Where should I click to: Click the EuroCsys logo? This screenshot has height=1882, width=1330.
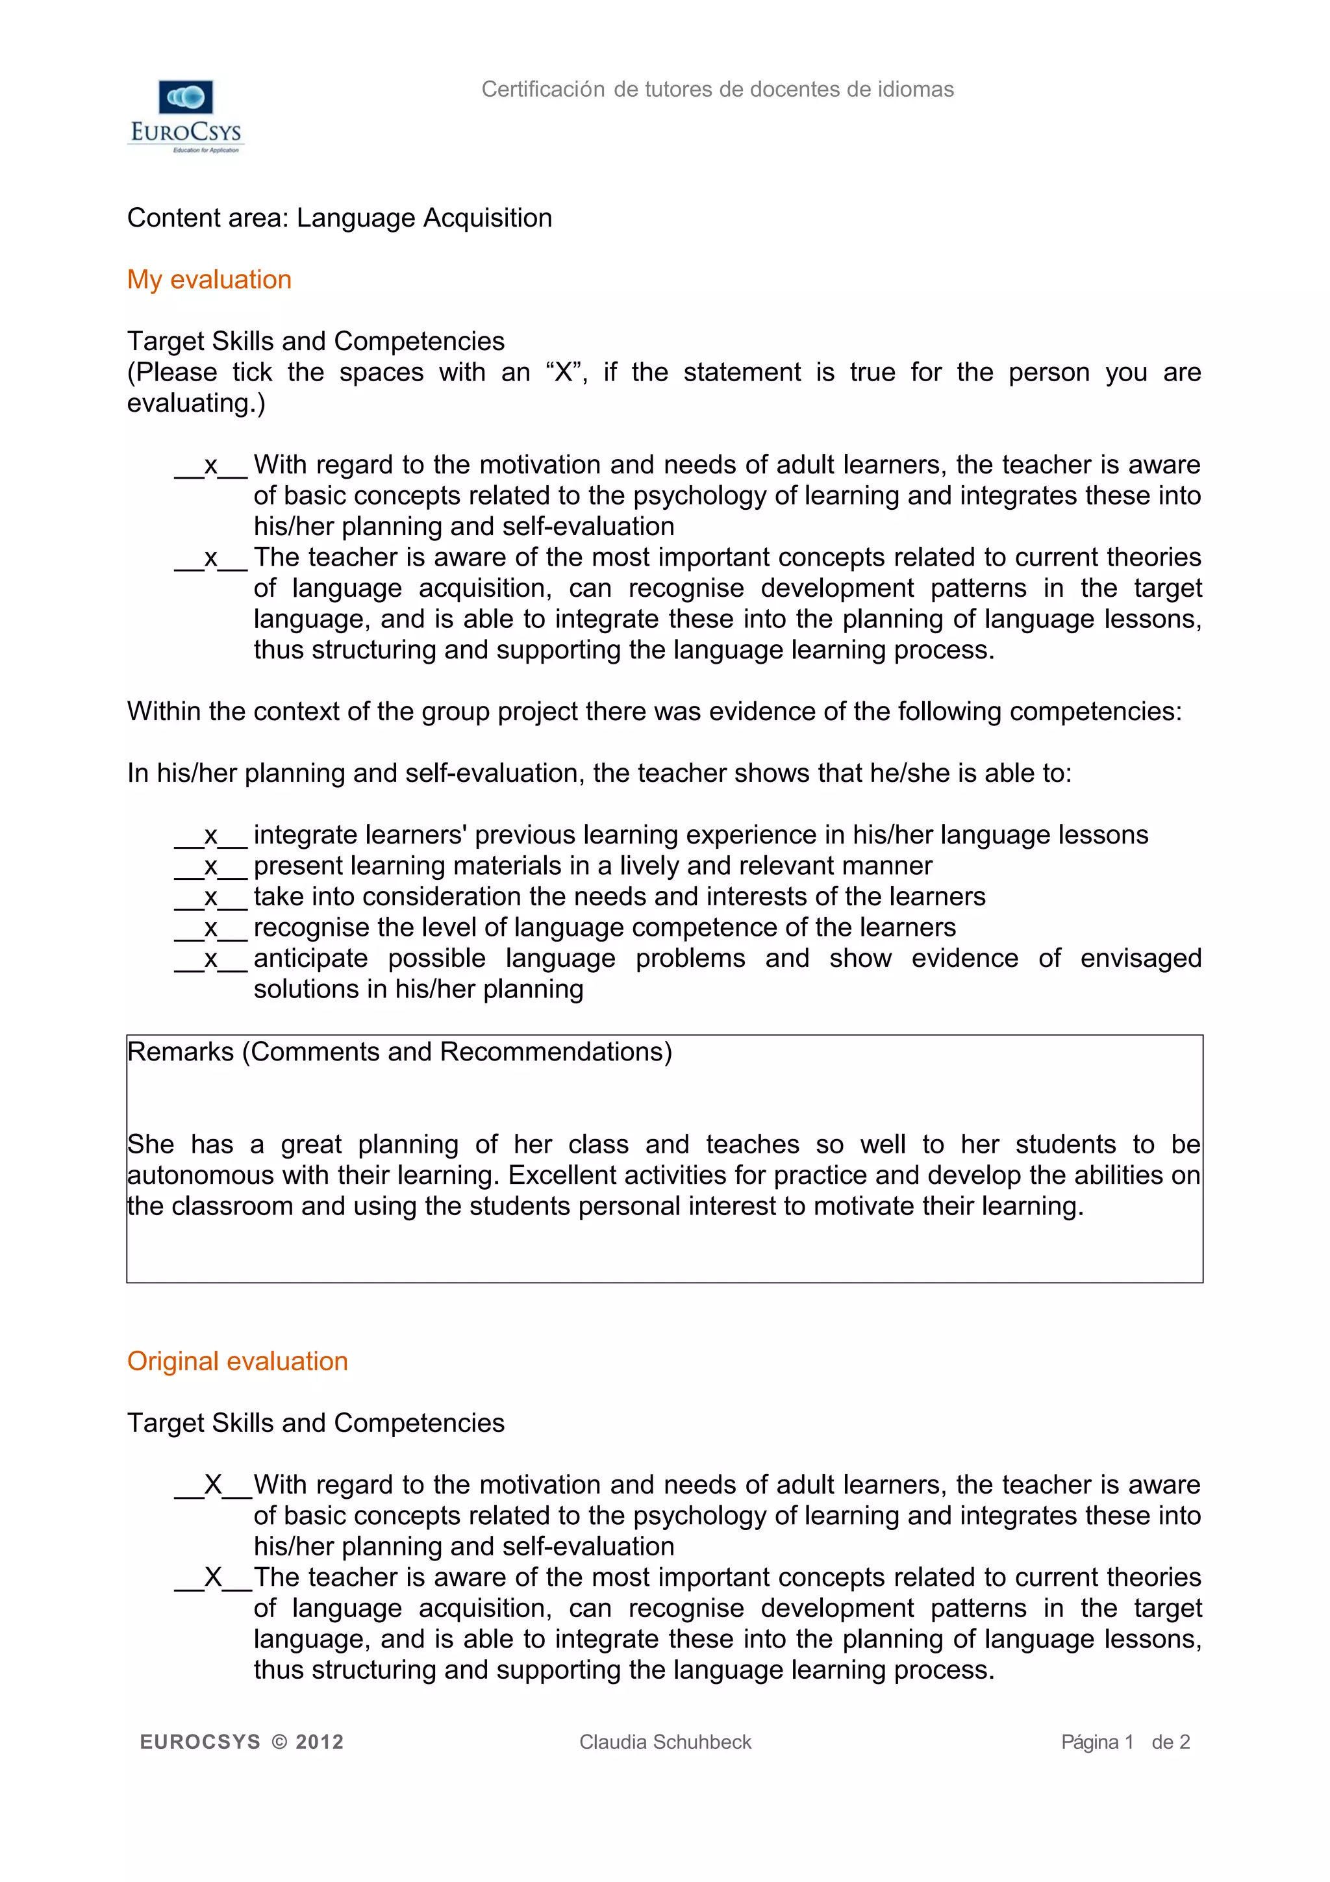click(x=186, y=116)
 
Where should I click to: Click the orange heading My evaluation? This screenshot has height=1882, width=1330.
click(x=209, y=279)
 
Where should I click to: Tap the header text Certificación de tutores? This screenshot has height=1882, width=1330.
click(x=717, y=90)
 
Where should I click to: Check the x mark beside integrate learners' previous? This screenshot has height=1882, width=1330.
click(x=210, y=835)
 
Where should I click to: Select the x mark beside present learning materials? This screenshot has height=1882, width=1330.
click(x=210, y=866)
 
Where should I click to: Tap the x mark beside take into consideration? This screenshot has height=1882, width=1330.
click(x=210, y=897)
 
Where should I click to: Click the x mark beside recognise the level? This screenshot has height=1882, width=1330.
click(x=210, y=928)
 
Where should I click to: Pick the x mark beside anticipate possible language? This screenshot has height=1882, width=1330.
click(x=210, y=959)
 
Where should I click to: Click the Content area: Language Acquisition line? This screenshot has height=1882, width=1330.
click(x=339, y=218)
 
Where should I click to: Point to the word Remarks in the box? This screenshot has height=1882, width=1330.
click(x=181, y=1051)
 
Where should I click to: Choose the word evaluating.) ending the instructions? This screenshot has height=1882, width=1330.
click(x=196, y=403)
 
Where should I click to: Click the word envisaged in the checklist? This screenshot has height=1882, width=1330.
click(x=1140, y=959)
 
